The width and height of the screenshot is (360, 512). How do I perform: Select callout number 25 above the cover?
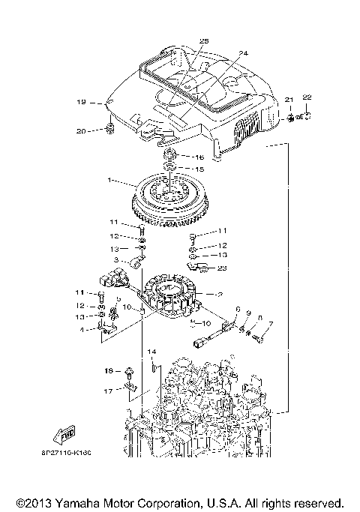[203, 40]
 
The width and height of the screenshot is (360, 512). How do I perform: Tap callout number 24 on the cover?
[242, 53]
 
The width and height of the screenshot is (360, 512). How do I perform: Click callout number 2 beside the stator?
[219, 294]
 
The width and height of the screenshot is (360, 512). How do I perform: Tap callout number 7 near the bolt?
[271, 325]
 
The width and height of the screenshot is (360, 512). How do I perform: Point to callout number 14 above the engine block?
[151, 352]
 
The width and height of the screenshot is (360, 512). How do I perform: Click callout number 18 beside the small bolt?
[108, 370]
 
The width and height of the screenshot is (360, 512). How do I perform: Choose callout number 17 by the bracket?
[108, 391]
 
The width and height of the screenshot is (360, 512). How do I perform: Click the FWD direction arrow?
[65, 434]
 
